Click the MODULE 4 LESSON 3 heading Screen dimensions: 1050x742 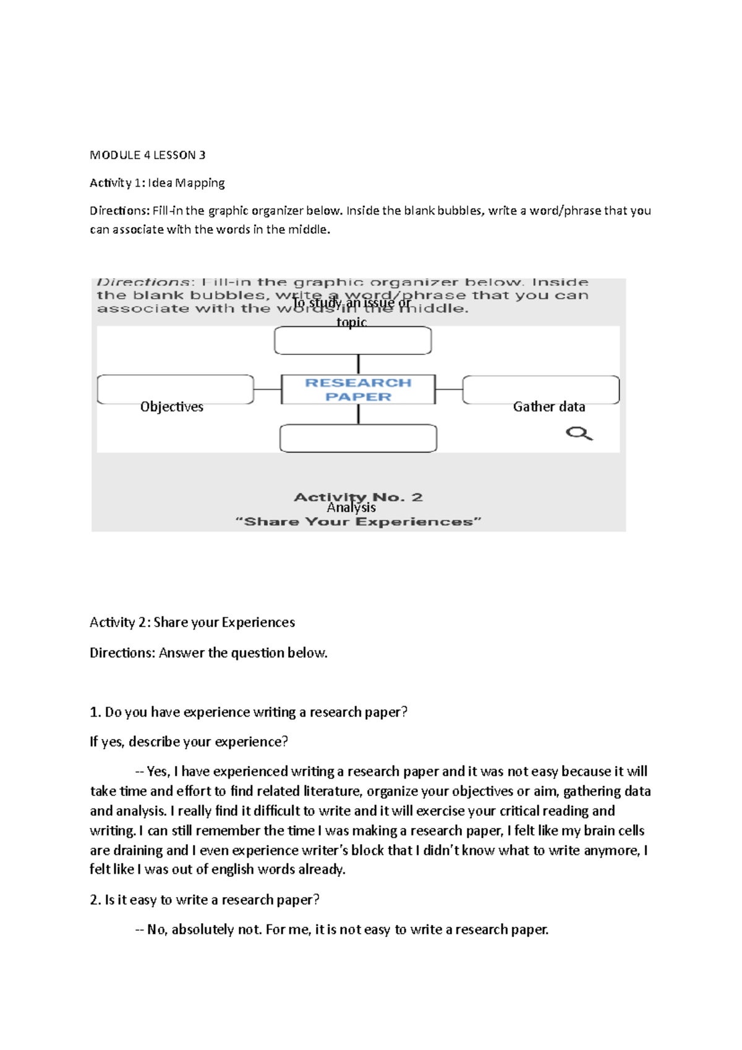pyautogui.click(x=147, y=155)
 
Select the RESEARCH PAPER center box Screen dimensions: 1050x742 pyautogui.click(x=358, y=390)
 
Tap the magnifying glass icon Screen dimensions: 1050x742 pyautogui.click(x=579, y=433)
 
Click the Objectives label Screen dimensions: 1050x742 pyautogui.click(x=171, y=407)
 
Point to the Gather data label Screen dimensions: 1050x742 pyautogui.click(x=548, y=407)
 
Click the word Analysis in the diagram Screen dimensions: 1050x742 pyautogui.click(x=351, y=508)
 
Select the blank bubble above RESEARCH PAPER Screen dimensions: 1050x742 pyautogui.click(x=352, y=341)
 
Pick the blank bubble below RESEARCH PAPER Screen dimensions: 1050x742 pyautogui.click(x=358, y=438)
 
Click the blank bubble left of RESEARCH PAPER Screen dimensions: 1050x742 pyautogui.click(x=175, y=389)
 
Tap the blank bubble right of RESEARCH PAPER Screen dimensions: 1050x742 pyautogui.click(x=540, y=390)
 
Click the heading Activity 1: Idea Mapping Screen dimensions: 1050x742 pyautogui.click(x=157, y=183)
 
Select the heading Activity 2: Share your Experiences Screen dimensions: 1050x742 pyautogui.click(x=192, y=622)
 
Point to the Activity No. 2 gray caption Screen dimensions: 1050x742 pyautogui.click(x=358, y=497)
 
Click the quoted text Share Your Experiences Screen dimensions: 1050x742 pyautogui.click(x=358, y=522)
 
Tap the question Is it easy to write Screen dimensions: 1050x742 pyautogui.click(x=204, y=900)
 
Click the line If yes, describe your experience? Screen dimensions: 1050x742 pyautogui.click(x=189, y=741)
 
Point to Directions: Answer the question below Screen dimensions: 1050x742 pyautogui.click(x=208, y=653)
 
